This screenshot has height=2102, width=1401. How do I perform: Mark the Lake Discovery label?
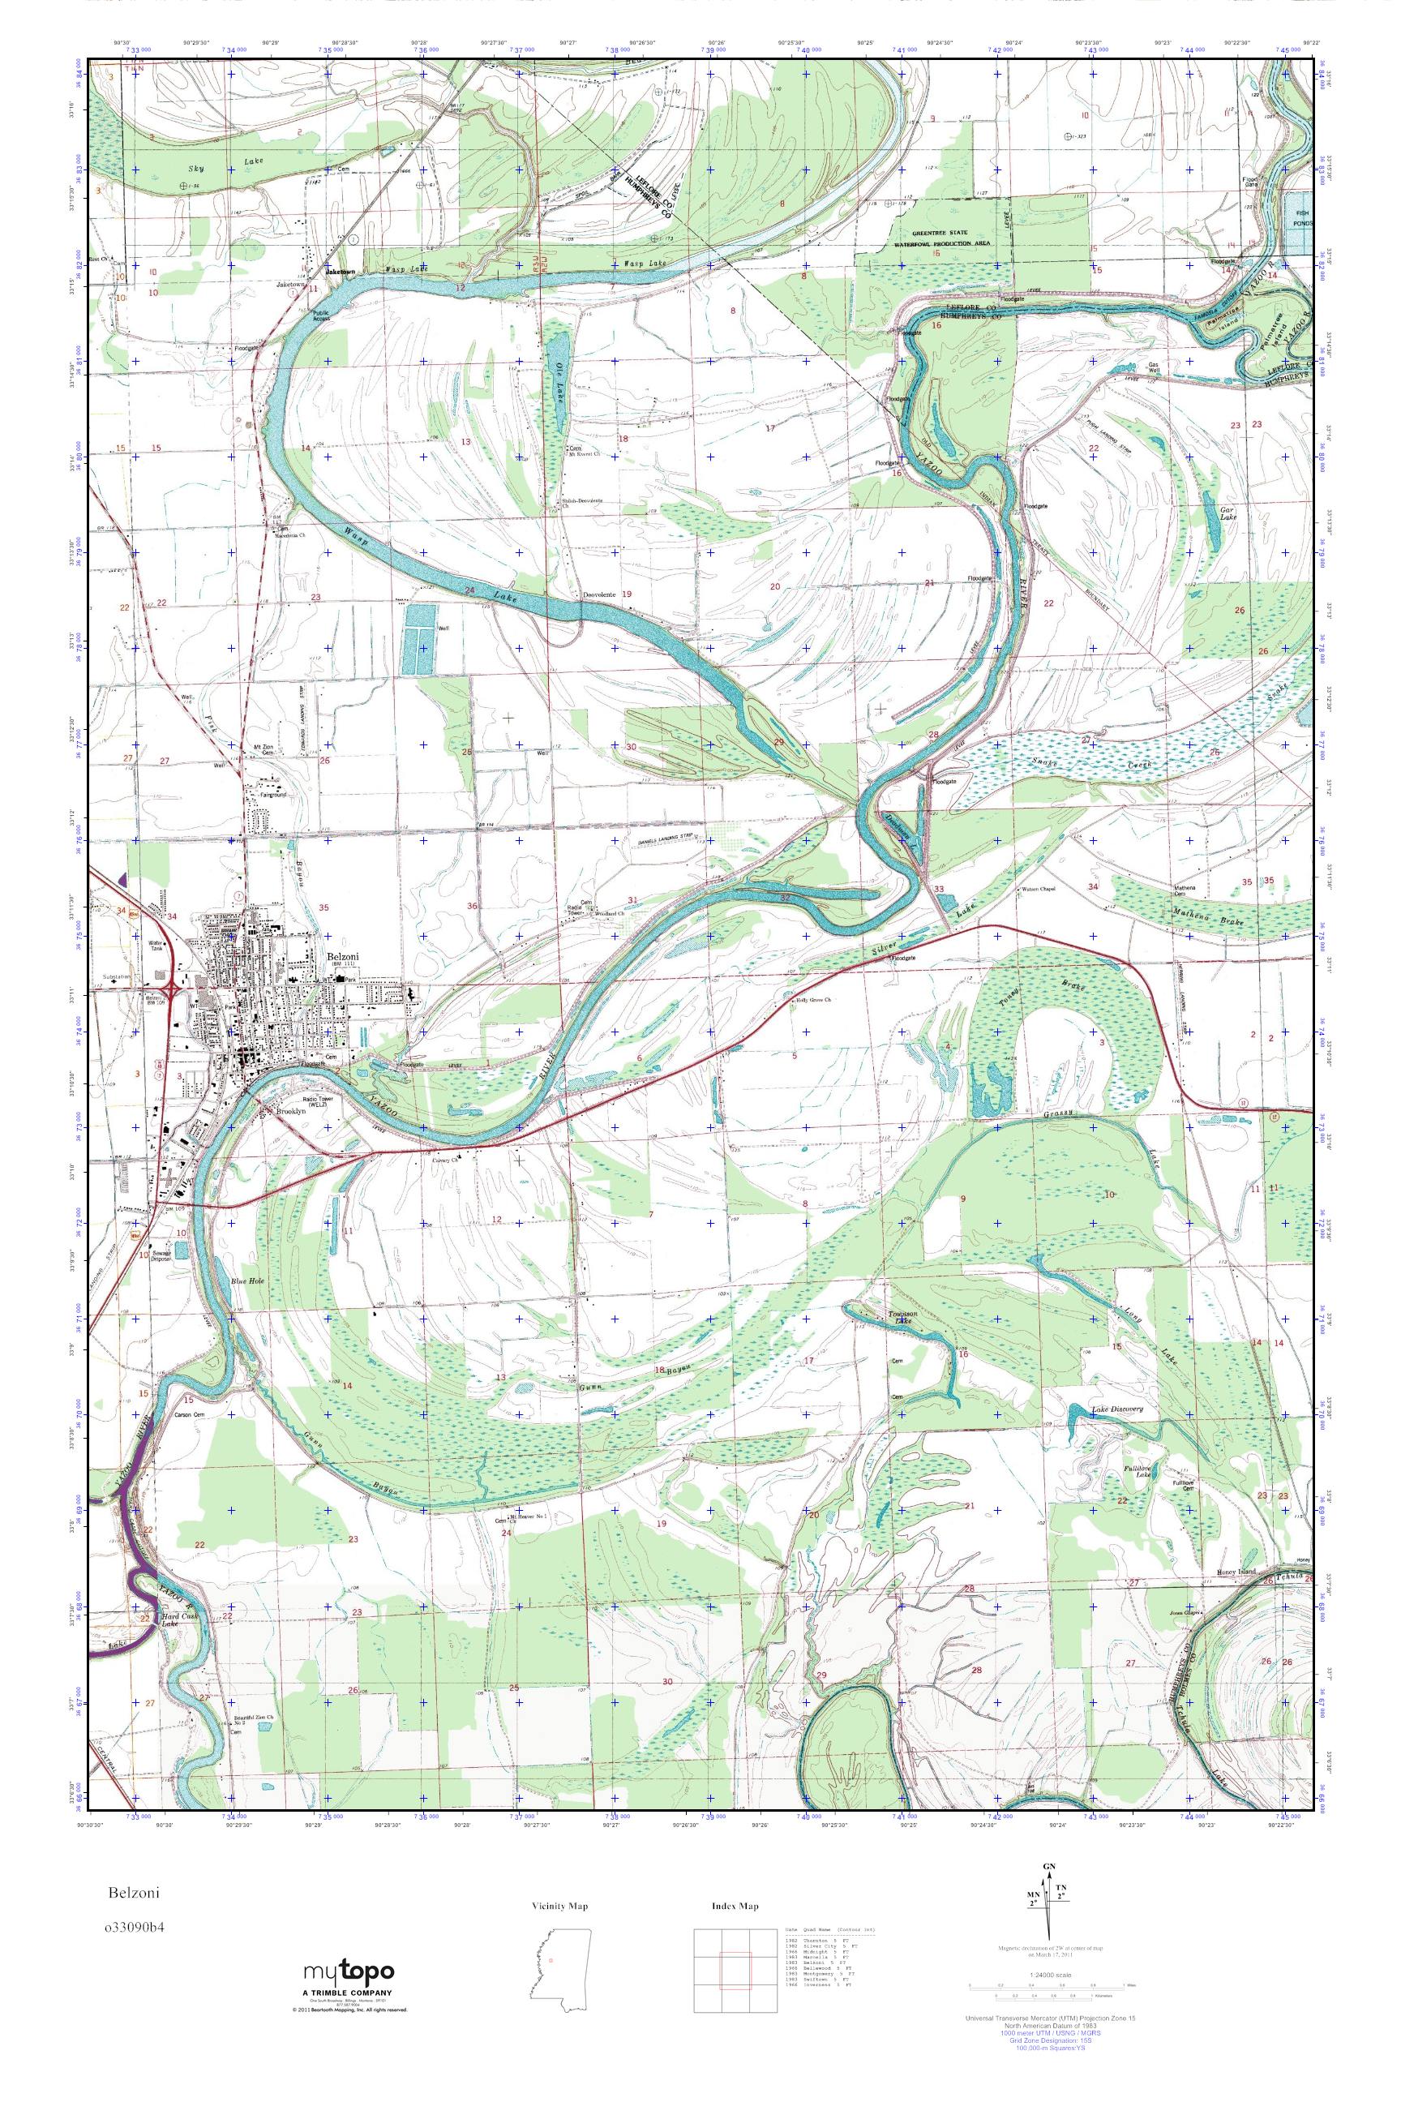(1118, 1410)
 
